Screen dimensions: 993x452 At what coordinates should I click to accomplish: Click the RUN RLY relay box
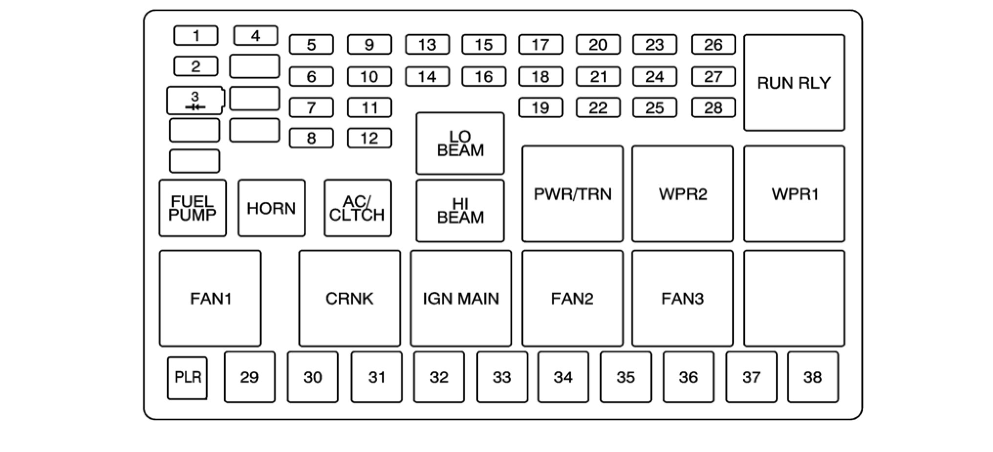pos(794,83)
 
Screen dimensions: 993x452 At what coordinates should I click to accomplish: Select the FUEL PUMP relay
pos(193,208)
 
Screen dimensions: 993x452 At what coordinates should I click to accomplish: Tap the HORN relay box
pos(271,208)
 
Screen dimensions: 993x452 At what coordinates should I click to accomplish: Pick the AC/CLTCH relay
pos(357,208)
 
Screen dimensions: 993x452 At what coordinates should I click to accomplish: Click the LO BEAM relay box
pos(460,143)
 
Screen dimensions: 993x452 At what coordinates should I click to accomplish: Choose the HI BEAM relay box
pos(460,211)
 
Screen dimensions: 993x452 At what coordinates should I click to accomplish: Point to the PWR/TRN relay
pos(572,194)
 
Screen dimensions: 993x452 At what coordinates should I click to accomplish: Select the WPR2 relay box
pos(682,194)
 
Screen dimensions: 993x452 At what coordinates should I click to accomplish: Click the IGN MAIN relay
pos(461,299)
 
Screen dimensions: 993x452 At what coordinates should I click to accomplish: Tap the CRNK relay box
pos(349,299)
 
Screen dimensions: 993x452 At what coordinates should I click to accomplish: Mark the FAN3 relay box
pos(682,299)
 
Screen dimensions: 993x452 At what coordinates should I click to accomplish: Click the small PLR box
pos(187,378)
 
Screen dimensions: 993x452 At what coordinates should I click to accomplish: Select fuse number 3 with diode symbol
pos(195,101)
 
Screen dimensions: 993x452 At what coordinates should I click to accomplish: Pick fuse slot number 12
pos(369,138)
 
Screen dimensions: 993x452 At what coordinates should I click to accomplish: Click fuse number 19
pos(540,108)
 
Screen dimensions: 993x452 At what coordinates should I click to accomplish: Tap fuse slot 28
pos(713,108)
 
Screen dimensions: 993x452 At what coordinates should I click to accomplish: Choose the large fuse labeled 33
pos(502,377)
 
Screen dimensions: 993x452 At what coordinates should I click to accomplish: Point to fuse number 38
pos(812,377)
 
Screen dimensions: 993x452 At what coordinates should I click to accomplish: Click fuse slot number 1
pos(195,36)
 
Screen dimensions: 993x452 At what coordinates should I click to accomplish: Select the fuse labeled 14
pos(427,77)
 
